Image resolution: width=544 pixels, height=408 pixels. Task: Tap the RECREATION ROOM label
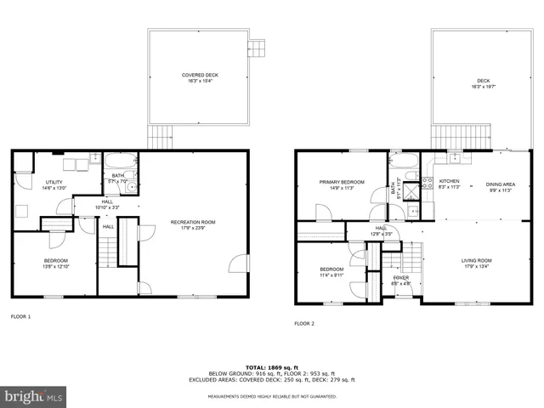(193, 222)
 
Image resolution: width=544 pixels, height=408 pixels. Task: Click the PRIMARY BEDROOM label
(342, 182)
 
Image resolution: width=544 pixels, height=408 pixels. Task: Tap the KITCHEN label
(449, 181)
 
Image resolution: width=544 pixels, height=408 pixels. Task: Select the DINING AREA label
(500, 184)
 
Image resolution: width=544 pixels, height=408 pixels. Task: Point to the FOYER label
(400, 278)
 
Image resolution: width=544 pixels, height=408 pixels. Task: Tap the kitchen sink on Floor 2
(456, 157)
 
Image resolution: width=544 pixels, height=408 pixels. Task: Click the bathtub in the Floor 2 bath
(404, 161)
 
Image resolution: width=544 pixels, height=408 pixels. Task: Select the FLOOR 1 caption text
(20, 316)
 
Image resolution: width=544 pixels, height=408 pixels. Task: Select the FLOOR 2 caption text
(304, 323)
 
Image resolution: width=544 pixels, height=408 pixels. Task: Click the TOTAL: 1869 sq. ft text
(270, 365)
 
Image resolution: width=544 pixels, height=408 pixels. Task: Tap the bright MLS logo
(34, 396)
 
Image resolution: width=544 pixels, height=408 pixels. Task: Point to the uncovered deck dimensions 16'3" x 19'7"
(481, 88)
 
